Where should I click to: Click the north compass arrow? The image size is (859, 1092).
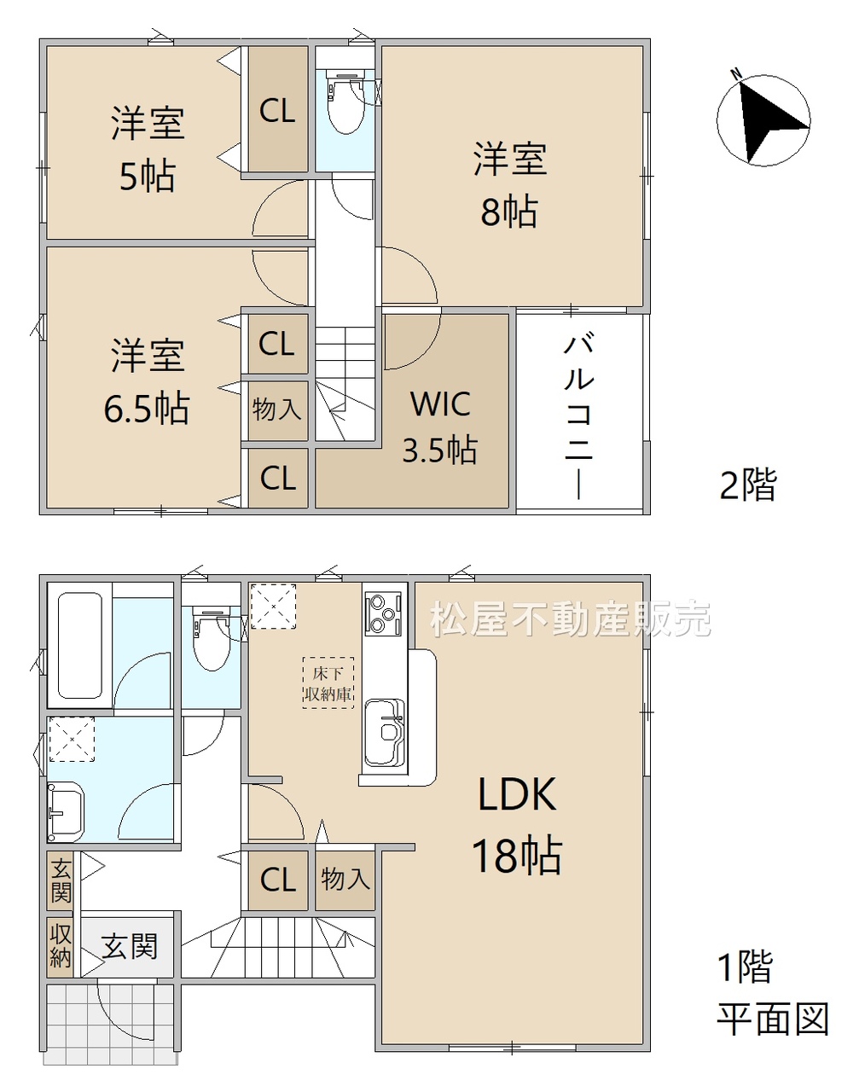[x=765, y=122]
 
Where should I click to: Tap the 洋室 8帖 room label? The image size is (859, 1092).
[x=510, y=185]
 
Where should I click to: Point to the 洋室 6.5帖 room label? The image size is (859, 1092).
[x=147, y=381]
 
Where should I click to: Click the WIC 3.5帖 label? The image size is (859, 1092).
[x=439, y=427]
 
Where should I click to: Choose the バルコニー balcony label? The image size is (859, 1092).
[x=578, y=416]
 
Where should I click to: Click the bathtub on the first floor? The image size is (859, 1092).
[x=81, y=646]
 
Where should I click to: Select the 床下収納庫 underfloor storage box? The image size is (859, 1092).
[x=328, y=682]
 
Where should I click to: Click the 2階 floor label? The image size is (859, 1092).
[x=748, y=485]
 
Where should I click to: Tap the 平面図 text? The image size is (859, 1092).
[x=773, y=1019]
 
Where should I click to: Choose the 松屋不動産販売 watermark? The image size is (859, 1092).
[x=571, y=619]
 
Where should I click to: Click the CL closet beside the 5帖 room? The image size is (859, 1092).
[x=277, y=110]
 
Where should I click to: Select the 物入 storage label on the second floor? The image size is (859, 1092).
[x=277, y=409]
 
